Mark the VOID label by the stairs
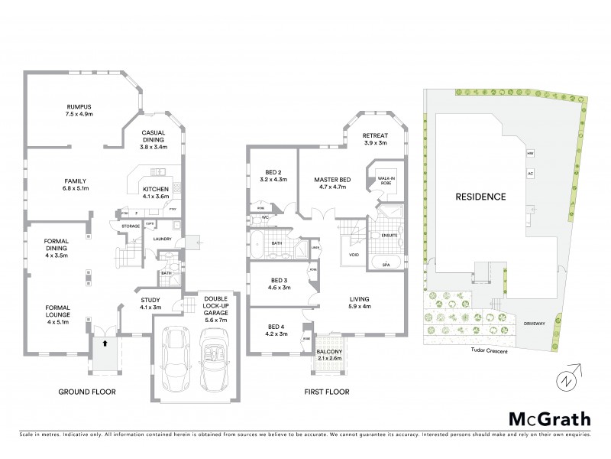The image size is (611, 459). click(354, 255)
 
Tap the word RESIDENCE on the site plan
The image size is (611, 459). click(480, 197)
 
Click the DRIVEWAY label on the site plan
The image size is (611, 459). click(535, 324)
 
